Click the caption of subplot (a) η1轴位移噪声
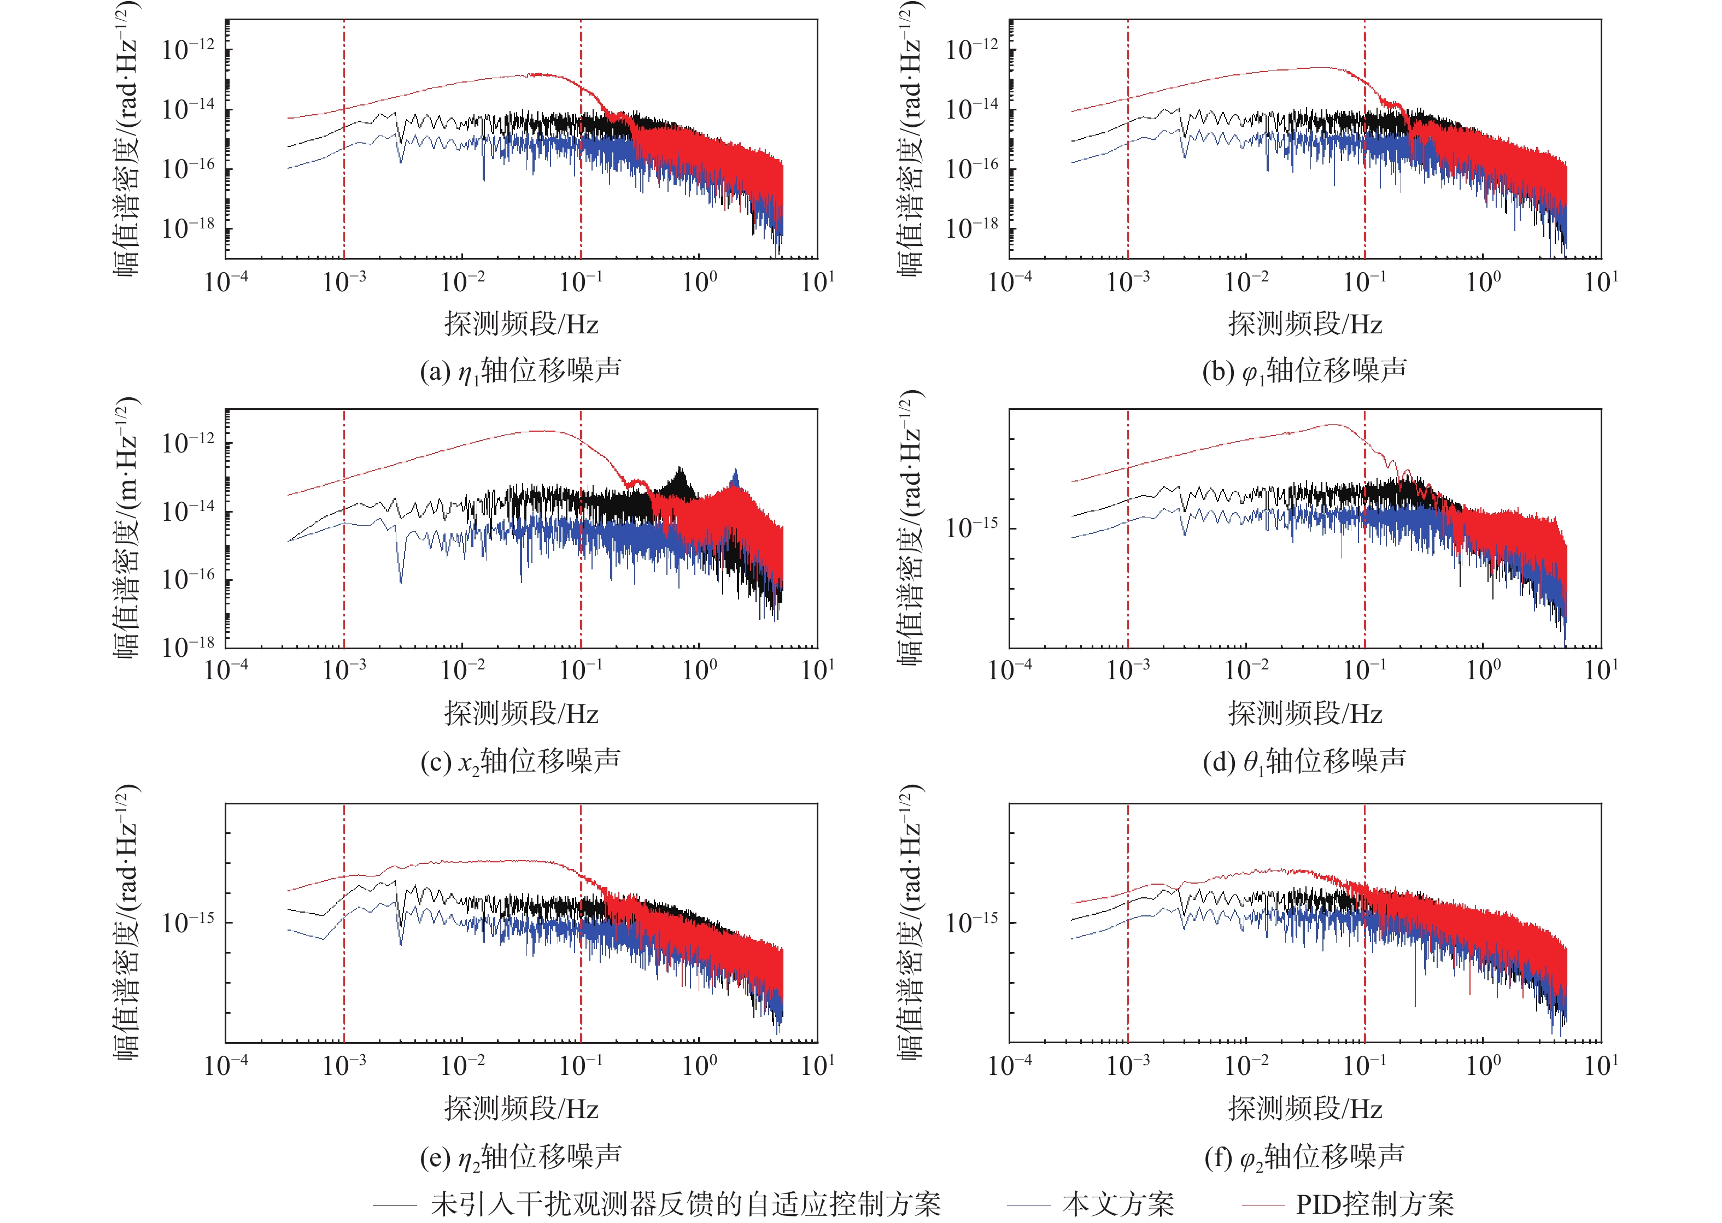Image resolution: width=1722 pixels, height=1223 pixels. coord(520,371)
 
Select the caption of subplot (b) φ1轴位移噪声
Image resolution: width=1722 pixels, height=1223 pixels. coord(1304,371)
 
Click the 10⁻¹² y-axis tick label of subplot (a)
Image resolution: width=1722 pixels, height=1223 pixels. coord(188,50)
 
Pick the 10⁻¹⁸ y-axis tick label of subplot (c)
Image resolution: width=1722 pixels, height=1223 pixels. coord(188,646)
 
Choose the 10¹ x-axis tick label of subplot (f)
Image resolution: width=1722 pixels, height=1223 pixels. coord(1601,1065)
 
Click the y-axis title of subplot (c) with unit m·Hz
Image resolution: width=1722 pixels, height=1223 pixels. coord(126,527)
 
